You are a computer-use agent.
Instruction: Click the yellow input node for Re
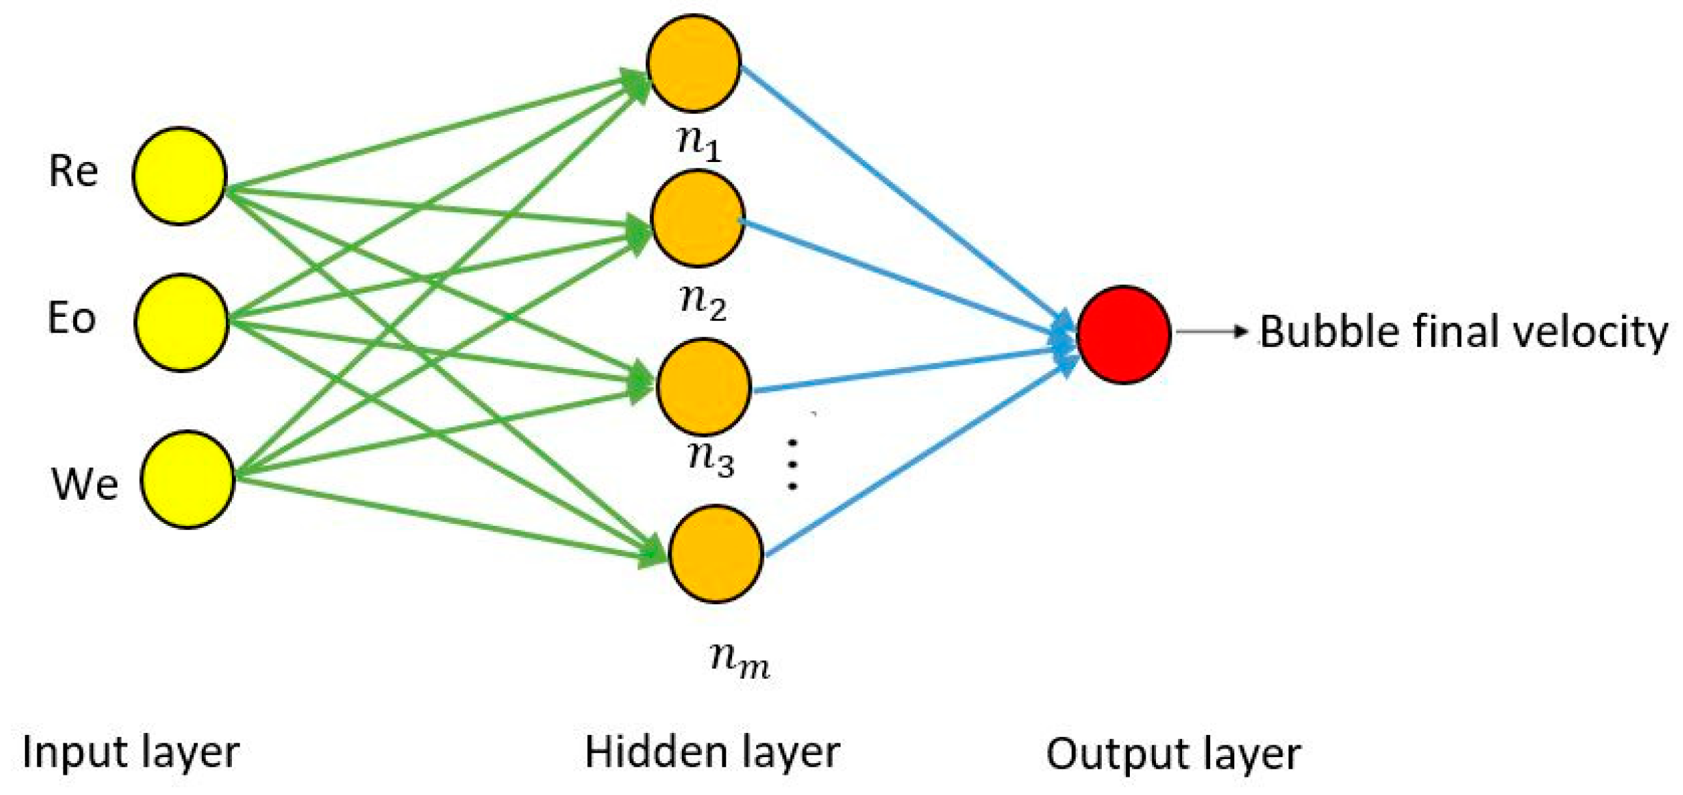click(180, 176)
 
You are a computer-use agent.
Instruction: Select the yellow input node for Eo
click(181, 323)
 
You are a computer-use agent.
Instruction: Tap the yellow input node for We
click(187, 479)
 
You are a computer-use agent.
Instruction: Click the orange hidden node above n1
click(694, 63)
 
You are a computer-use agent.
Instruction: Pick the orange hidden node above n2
click(697, 219)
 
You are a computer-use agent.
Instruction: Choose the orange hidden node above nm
click(715, 553)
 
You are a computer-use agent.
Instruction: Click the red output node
click(1123, 334)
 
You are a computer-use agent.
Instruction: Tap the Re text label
click(73, 172)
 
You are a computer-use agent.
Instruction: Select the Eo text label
click(72, 319)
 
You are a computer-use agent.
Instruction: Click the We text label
click(84, 485)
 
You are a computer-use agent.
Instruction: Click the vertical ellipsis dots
click(792, 464)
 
